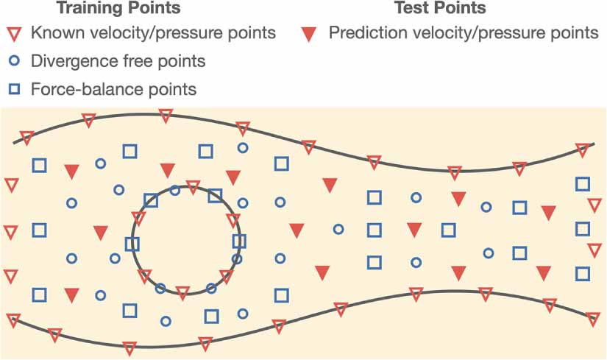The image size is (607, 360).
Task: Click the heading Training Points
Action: [x=118, y=9]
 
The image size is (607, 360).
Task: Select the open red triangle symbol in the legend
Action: [x=13, y=33]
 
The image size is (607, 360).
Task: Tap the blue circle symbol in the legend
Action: [x=13, y=62]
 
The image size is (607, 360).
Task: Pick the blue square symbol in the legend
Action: [x=13, y=90]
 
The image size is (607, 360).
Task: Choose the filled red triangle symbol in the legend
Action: [x=310, y=33]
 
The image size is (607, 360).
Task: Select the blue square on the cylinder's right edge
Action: [x=239, y=241]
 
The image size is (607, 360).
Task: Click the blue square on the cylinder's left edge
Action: [x=132, y=244]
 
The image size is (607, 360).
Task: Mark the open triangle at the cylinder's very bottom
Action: [x=183, y=293]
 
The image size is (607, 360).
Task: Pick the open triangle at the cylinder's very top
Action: [x=193, y=187]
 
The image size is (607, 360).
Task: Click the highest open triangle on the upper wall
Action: [x=166, y=116]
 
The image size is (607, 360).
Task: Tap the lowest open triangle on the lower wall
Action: [x=130, y=347]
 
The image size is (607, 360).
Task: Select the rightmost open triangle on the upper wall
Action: [x=583, y=150]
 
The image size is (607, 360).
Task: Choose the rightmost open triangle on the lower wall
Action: [x=594, y=320]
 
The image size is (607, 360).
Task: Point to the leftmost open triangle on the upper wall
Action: [x=26, y=138]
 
